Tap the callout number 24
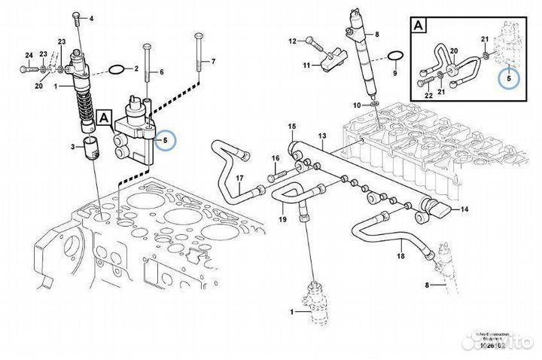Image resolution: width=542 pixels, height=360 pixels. pos(28,56)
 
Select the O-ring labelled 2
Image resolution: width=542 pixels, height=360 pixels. pos(117,70)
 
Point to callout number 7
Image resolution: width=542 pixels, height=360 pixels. pos(212,60)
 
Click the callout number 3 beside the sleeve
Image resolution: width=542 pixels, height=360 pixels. pos(73,145)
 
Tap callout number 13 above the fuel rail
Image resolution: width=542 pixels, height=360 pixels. pos(321,136)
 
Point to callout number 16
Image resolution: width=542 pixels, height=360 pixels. pos(276,157)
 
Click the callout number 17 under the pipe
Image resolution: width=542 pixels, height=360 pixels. pos(239,178)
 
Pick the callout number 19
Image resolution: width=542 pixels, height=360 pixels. pos(283,219)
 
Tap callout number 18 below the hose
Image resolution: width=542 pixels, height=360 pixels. pos(400,257)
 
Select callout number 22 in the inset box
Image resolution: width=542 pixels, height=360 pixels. pos(428,96)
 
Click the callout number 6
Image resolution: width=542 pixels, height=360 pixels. pos(160,72)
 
